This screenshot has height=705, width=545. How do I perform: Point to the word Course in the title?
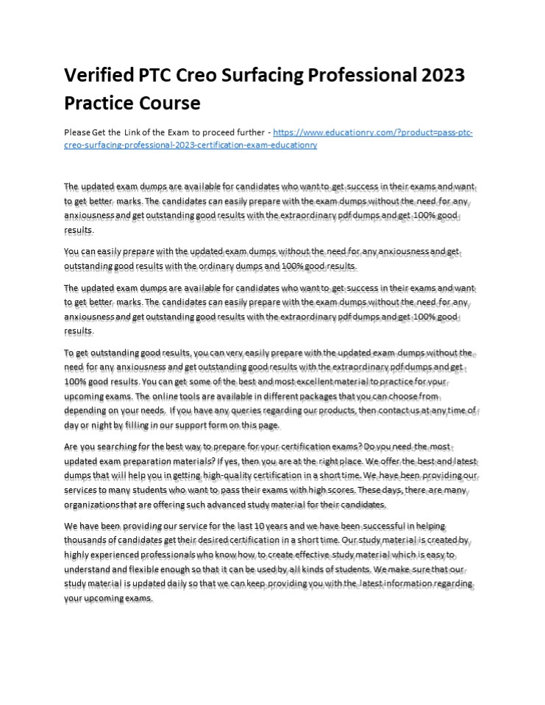pos(166,102)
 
